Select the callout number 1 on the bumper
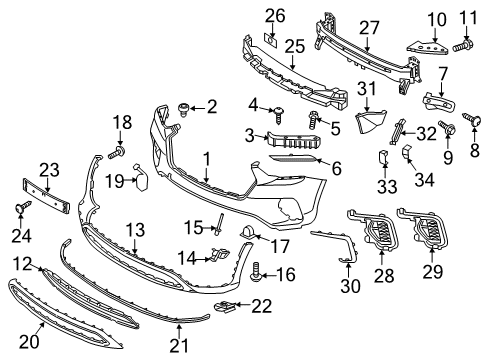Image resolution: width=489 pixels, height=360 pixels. [206, 157]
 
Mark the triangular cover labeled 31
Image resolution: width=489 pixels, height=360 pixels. [374, 123]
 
